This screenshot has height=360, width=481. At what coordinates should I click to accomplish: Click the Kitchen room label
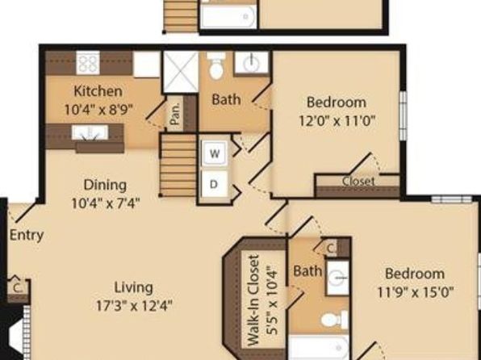[98, 91]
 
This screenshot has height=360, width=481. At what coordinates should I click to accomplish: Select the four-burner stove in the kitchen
[88, 63]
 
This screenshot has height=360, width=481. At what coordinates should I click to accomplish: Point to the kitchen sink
[90, 132]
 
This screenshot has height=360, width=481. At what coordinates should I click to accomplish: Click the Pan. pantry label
[175, 114]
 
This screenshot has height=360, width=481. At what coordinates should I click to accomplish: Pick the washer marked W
[215, 153]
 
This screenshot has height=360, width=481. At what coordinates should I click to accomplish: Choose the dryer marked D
[214, 184]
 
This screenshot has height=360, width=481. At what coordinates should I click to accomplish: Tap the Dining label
[105, 185]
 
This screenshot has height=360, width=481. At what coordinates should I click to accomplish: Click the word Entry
[27, 236]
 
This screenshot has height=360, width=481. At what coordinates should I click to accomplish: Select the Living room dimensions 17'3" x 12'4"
[134, 306]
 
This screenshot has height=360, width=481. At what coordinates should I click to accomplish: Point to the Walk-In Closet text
[253, 300]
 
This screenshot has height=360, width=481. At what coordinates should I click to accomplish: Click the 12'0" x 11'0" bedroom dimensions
[337, 121]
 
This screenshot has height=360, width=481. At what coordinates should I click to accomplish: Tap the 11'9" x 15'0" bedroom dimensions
[415, 292]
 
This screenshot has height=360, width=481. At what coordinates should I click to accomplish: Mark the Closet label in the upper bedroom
[358, 181]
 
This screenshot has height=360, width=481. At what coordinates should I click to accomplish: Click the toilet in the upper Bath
[216, 65]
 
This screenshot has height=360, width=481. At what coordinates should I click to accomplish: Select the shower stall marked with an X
[181, 72]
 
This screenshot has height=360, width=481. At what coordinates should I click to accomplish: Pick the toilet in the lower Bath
[334, 320]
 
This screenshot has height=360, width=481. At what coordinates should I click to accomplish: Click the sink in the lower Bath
[337, 278]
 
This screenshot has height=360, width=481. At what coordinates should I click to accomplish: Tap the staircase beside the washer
[178, 165]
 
